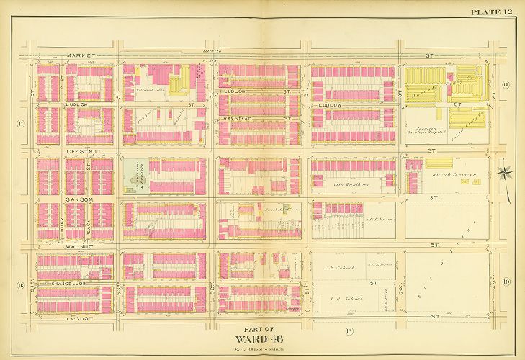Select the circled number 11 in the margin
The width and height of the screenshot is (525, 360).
[x=506, y=86]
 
